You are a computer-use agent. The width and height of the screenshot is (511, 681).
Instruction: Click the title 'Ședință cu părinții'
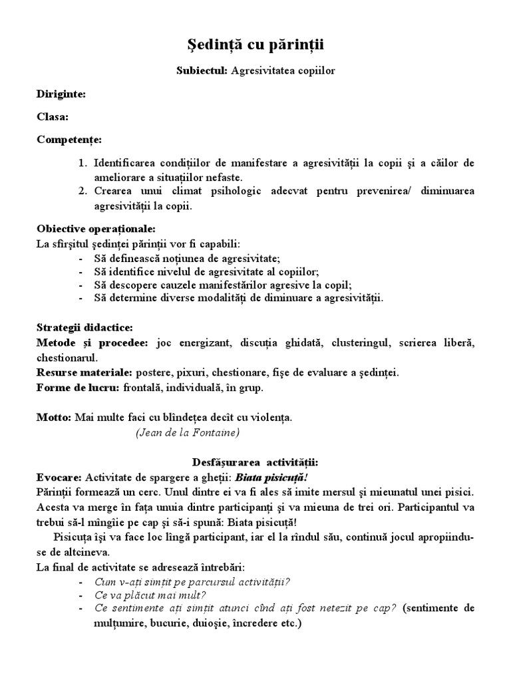pos(255,45)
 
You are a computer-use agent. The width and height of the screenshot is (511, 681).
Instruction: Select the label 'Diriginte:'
pos(61,94)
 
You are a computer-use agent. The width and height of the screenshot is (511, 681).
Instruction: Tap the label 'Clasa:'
pos(53,116)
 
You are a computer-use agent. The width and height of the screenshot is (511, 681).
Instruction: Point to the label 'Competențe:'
pos(69,140)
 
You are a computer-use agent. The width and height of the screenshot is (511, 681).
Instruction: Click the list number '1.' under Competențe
pos(83,163)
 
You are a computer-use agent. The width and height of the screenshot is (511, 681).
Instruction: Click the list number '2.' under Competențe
pos(83,192)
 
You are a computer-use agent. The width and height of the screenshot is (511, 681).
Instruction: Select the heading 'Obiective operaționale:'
pos(96,229)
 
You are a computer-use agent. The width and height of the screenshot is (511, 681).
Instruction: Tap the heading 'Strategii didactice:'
pos(85,328)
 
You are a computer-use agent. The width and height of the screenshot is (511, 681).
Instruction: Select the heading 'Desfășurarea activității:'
pos(255,462)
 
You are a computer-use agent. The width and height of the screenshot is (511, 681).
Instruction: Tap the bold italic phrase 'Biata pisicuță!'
pos(269,477)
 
